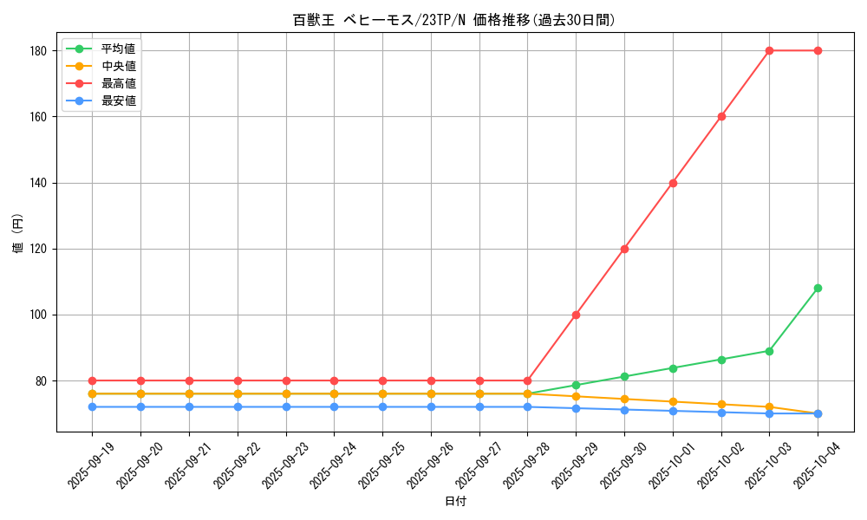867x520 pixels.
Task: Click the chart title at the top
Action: coord(454,20)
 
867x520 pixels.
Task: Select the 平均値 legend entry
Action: coord(118,49)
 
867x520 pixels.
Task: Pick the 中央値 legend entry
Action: coord(118,66)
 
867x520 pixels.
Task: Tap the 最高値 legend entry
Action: coord(118,83)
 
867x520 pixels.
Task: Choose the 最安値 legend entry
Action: coord(118,101)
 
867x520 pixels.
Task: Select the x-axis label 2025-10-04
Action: coord(817,466)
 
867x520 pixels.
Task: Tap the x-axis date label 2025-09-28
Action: coord(526,466)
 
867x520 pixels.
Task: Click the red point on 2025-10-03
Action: coord(769,50)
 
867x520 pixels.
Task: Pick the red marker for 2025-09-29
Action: coord(576,315)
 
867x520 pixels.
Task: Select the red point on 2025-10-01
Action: coord(673,183)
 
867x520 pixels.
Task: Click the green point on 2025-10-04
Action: coord(818,288)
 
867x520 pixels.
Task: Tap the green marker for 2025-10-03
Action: coord(769,351)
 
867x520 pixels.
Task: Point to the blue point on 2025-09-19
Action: coord(92,406)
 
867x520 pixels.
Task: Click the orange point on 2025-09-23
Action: coord(285,393)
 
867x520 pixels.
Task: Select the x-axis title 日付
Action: coord(455,502)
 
